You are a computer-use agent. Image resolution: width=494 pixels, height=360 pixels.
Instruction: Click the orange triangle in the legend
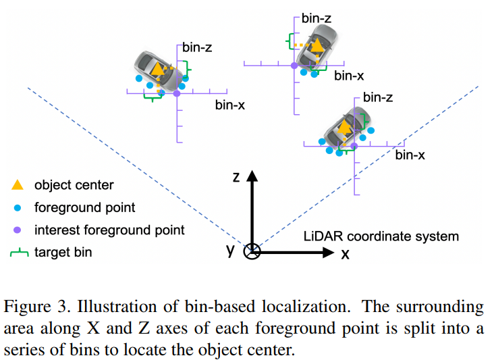coord(18,185)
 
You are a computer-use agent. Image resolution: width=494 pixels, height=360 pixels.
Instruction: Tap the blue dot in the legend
coord(18,208)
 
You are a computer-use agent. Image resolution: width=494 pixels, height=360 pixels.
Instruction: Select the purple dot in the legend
coord(18,230)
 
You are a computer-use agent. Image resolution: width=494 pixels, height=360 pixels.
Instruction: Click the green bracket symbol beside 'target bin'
coord(19,253)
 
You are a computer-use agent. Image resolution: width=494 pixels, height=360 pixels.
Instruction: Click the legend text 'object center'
coord(74,185)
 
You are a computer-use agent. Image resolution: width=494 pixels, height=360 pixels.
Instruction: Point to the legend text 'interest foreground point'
coord(109,230)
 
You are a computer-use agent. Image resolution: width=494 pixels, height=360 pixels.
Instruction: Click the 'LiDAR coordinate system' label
coord(381,236)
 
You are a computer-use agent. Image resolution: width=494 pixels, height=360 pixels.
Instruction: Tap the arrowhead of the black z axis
coord(252,176)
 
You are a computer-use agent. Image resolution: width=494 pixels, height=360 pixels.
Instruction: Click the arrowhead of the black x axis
coord(329,253)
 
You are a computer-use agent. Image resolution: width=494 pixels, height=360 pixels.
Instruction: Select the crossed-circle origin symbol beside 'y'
coord(252,252)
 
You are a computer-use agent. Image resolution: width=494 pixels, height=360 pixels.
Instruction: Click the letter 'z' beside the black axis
coord(236,177)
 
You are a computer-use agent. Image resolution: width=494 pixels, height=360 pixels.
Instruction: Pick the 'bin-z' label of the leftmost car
coord(197,47)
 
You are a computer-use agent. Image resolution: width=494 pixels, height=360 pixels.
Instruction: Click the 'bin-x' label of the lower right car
coord(410,155)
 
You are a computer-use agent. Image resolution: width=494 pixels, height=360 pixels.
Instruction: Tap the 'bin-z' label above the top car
coord(317,19)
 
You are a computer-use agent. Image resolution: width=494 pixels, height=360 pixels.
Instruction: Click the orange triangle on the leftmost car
coord(157,68)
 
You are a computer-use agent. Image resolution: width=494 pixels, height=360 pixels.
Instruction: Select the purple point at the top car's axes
coord(294,66)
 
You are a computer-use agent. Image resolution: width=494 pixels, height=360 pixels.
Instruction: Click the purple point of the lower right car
coord(354,146)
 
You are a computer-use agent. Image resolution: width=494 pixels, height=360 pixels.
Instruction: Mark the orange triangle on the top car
coord(317,45)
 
